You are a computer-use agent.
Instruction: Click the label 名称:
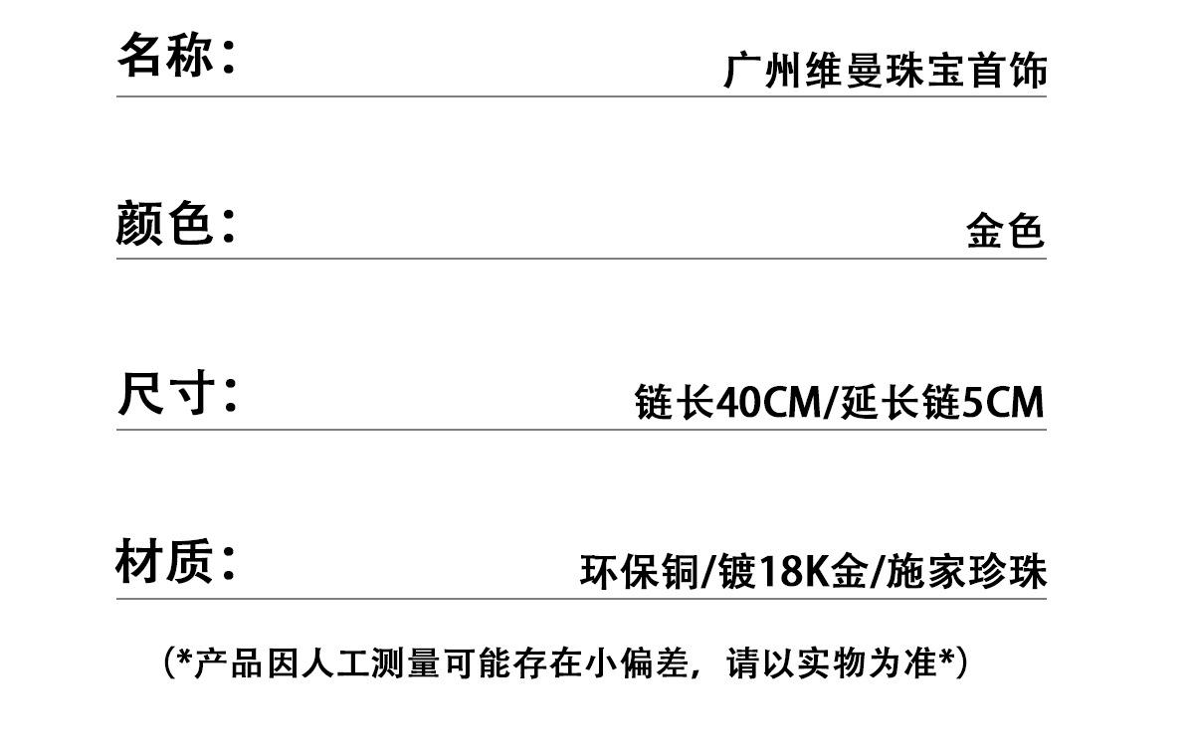(x=177, y=55)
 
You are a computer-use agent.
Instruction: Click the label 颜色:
(x=176, y=223)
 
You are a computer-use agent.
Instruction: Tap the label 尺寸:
(x=177, y=394)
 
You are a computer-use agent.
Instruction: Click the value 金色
(x=1005, y=231)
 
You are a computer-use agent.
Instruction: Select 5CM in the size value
(x=1004, y=403)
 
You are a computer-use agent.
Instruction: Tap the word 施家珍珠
(x=965, y=572)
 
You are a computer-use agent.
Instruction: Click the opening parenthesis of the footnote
(x=169, y=662)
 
